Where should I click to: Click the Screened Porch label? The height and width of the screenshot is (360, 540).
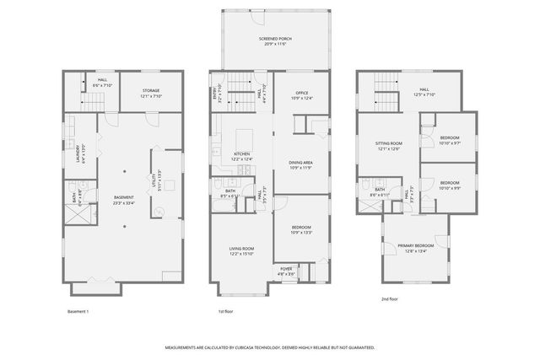point(273,40)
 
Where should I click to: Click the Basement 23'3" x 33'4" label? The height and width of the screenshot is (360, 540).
point(124,200)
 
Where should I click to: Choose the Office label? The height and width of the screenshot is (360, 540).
point(301,96)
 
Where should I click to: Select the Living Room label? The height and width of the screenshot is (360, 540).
point(242,250)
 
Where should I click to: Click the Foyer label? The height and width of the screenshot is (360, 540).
point(286,271)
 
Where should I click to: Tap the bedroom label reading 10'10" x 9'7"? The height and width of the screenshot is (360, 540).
point(449,140)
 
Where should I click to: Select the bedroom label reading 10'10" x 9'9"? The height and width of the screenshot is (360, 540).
point(449,185)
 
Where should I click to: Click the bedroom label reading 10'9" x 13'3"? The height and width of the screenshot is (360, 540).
point(301,229)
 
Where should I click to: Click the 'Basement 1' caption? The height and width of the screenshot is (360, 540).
point(78,312)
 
